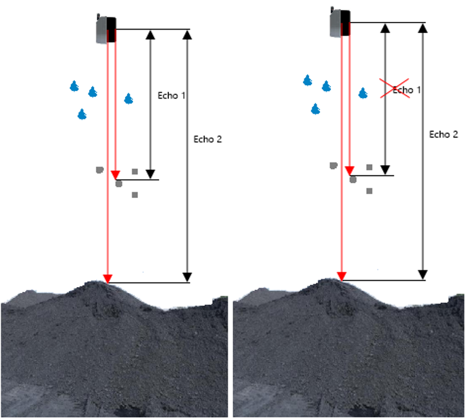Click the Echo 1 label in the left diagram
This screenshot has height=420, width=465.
pos(172,95)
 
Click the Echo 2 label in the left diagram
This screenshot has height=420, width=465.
pos(208,139)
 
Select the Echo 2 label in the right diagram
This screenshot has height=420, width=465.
pos(444,134)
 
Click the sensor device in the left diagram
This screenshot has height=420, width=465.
pos(106,30)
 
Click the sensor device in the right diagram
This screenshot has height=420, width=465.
pos(340,23)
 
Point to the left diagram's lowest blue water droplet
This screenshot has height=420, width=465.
pos(82,114)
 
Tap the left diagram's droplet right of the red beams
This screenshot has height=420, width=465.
pos(128,99)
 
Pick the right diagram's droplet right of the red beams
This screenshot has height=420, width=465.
pos(362,93)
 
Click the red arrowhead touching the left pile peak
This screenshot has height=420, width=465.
pos(107,278)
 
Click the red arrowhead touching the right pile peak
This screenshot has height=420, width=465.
pos(342,276)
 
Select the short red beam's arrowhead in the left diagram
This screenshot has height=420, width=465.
pos(115,175)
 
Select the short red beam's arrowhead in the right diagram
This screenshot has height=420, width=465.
pos(350,171)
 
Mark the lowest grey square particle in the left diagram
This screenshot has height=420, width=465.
pos(135,195)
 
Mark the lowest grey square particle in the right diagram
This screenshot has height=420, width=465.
pos(369,191)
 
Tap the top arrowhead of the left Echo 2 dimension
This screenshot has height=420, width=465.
pos(187,35)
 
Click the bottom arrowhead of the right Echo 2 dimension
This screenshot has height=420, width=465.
pos(422,275)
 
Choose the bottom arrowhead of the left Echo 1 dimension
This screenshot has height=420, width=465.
pos(151,174)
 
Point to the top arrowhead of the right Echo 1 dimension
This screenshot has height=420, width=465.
pos(385,28)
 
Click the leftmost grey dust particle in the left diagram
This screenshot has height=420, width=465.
pos(99,170)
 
